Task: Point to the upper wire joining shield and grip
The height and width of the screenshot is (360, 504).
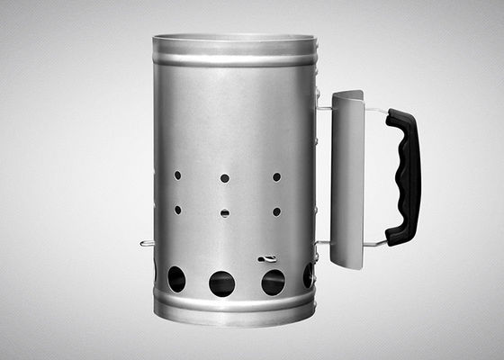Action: point(375,111)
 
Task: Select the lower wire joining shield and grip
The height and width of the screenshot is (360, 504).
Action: point(375,242)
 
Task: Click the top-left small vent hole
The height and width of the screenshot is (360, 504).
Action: point(177,175)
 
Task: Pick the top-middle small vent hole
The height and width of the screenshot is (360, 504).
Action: point(225,178)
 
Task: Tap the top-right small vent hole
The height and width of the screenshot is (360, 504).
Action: point(276,176)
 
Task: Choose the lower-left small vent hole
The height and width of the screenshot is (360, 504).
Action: point(177,210)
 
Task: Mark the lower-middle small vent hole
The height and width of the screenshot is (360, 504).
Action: point(225,213)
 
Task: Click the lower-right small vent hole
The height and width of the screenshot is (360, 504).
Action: point(276,211)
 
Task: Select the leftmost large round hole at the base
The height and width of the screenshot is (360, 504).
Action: point(176,279)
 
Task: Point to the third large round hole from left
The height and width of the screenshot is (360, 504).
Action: point(273,283)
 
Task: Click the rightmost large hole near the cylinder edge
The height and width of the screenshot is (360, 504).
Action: point(308,275)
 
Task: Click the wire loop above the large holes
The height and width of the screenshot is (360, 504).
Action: point(267,259)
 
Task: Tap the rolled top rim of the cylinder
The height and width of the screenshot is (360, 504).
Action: point(234,40)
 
